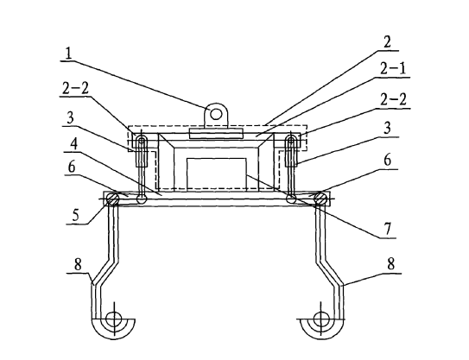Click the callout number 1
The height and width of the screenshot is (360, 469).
68,54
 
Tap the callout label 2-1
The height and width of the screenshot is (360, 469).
393,69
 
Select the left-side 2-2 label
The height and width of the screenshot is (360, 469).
75,89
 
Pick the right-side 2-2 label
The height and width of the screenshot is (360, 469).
393,99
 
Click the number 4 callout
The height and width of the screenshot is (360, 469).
74,144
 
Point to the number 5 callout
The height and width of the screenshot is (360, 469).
75,215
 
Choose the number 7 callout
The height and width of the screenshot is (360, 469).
387,230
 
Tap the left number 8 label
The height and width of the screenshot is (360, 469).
78,264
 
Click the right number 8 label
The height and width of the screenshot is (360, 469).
390,264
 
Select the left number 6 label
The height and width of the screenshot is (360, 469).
72,167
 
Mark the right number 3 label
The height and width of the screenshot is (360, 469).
387,128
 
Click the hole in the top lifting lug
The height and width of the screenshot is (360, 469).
216,114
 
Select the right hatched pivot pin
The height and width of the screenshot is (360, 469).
320,199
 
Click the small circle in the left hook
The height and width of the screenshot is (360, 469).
114,319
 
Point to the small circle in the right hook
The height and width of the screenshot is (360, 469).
320,319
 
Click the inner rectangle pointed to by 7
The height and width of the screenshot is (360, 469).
217,174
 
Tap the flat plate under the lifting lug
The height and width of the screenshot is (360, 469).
216,134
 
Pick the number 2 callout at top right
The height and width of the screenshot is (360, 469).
387,42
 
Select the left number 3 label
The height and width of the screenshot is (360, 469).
70,118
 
